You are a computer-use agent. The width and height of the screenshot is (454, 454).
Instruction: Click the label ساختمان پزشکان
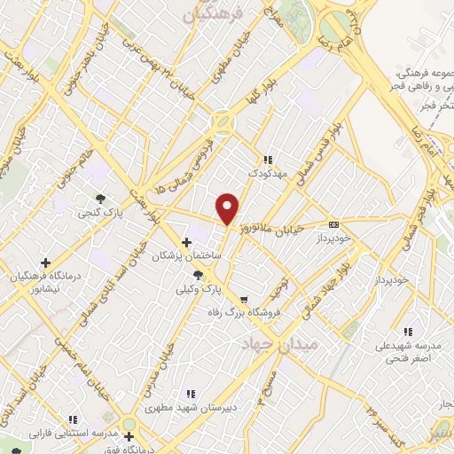pos(187,256)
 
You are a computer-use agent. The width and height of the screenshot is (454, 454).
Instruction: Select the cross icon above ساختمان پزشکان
pos(186,242)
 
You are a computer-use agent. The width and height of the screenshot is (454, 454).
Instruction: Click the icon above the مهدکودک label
pos(269,160)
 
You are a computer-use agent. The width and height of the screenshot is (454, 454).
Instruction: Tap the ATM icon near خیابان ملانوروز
pos(333,225)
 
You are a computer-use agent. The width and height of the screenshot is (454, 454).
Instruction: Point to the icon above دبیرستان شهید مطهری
pos(190,394)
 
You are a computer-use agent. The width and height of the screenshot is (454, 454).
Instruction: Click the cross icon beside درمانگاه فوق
pos(129,437)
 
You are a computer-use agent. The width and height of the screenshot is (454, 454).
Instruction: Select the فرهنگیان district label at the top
pos(210,14)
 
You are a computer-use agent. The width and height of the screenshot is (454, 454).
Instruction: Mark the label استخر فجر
pos(423,105)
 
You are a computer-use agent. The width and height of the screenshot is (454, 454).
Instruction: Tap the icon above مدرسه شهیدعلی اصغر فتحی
pos(407,331)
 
